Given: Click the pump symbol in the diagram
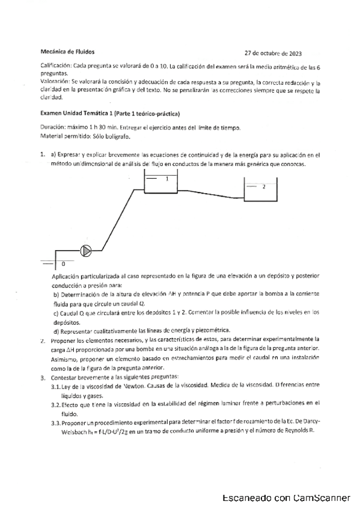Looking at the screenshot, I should tap(86, 250).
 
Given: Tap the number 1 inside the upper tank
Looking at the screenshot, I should tap(166, 179).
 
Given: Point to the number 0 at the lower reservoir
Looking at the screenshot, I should tap(63, 264).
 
